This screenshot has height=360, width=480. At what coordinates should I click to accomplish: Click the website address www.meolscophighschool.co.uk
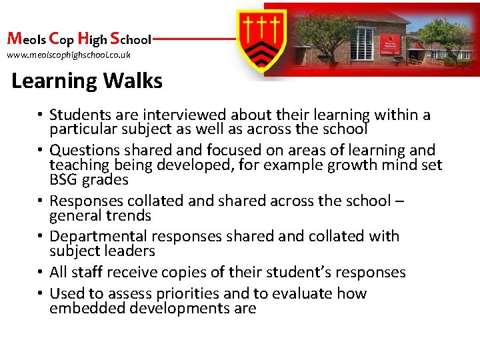pos(69,55)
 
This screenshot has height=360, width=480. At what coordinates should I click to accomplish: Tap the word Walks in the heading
pos(133,81)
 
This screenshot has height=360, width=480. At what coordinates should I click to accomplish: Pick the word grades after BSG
pos(106,180)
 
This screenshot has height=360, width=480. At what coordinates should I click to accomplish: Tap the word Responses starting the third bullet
pos(85,201)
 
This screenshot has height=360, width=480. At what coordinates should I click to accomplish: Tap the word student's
pos(309,272)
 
